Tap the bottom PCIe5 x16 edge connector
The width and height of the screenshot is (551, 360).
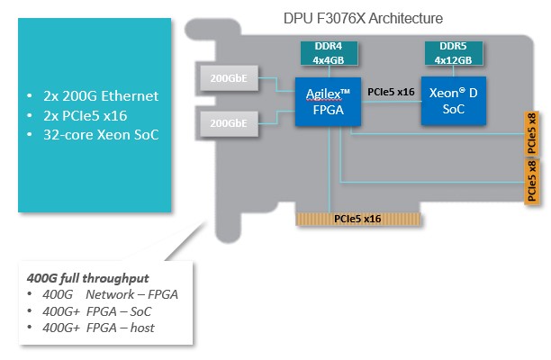coord(358,217)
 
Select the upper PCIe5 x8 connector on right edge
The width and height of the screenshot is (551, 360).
coord(532,132)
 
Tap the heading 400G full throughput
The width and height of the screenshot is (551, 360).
coord(86,278)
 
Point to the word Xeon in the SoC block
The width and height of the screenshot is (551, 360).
coord(447,92)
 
